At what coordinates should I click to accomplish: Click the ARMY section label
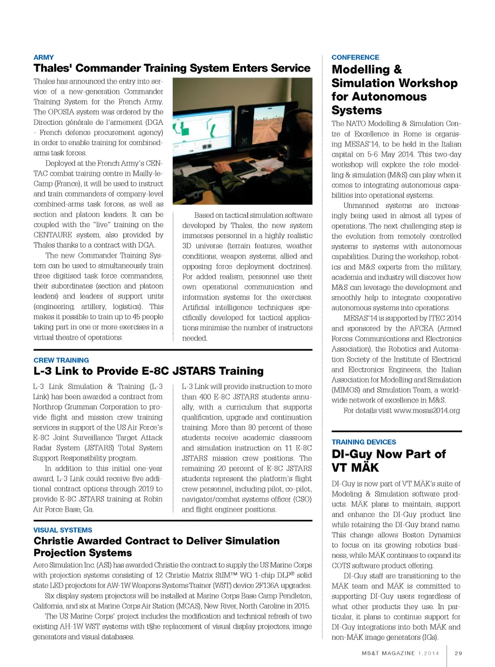coord(44,57)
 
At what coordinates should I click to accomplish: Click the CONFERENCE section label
coord(355,57)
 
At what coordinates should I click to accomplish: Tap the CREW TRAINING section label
coord(61,360)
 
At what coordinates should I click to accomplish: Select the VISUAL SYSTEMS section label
coord(62,530)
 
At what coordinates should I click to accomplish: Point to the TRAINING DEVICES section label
coord(364,442)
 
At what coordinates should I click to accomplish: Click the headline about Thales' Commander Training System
coord(172,68)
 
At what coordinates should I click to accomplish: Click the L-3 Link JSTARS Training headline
coord(148,371)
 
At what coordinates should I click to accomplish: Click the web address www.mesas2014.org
coord(427,411)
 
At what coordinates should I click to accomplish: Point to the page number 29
coord(458,653)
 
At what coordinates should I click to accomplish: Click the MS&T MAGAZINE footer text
coord(388,653)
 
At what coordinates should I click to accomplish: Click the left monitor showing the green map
coord(203,129)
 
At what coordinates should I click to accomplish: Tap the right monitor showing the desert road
coord(269,123)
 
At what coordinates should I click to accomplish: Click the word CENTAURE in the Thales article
coord(53,235)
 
